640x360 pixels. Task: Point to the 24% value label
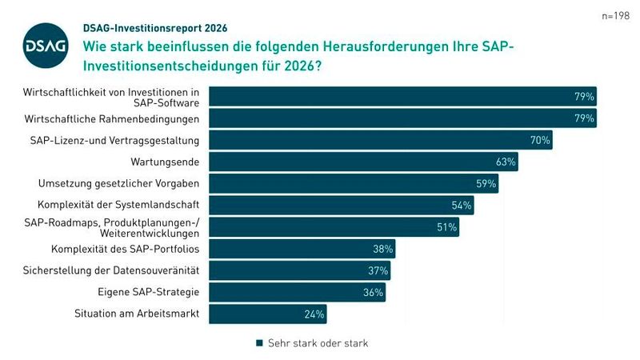point(314,314)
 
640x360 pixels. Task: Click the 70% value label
point(540,140)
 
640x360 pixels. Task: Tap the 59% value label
point(486,183)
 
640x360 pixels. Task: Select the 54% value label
point(462,205)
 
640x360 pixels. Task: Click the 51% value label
point(447,227)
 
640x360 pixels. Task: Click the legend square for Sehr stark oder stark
point(259,343)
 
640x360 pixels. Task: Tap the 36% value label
point(374,292)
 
